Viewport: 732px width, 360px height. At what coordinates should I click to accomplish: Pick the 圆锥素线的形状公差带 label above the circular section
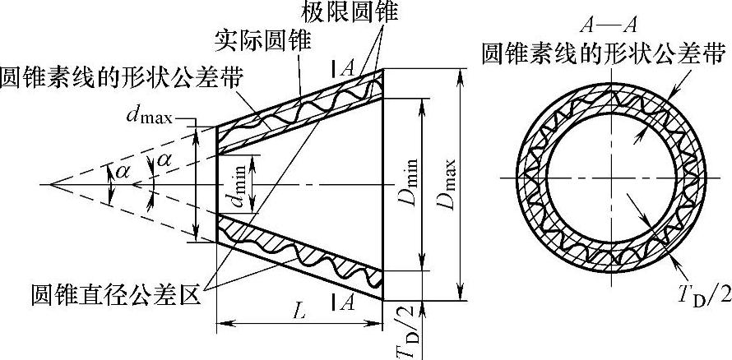coord(603,55)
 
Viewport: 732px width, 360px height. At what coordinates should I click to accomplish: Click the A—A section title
coord(603,21)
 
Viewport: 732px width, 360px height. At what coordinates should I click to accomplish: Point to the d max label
coord(150,118)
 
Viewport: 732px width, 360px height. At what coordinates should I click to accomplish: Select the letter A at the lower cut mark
coord(348,302)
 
